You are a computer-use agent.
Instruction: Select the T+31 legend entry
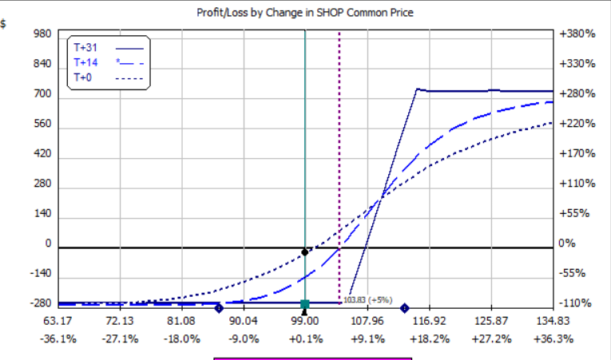pos(84,47)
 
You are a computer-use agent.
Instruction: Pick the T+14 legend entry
pos(84,62)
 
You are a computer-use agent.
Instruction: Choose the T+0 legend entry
pos(82,77)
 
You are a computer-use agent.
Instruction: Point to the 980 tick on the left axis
pos(43,34)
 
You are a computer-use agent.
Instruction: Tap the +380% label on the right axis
pos(576,34)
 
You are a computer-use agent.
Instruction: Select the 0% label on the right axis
pos(566,244)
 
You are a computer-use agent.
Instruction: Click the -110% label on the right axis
pos(576,304)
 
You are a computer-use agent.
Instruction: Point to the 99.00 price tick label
pos(305,321)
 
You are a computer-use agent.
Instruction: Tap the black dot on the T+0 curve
pos(304,252)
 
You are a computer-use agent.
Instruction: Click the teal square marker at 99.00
pos(305,304)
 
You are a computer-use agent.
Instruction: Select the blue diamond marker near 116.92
pos(404,308)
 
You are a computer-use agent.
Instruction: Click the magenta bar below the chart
pos(312,358)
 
